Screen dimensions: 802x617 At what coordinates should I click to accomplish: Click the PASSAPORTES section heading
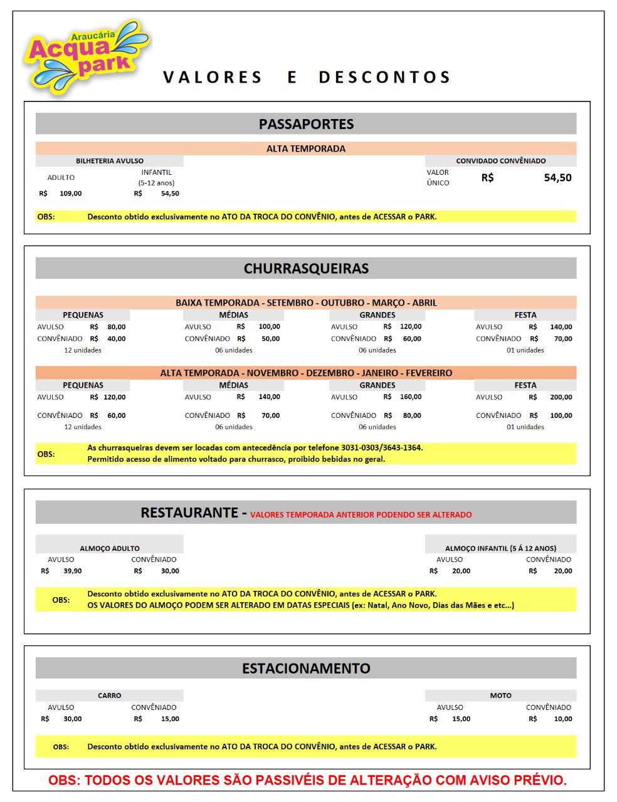tap(306, 124)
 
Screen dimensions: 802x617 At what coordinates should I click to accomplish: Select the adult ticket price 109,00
tap(70, 194)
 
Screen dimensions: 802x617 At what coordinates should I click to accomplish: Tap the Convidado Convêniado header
tap(500, 161)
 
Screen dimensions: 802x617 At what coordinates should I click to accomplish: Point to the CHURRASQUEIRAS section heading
tap(306, 268)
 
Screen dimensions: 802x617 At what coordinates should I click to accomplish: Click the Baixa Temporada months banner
tap(306, 303)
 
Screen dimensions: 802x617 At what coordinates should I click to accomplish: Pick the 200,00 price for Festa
tap(561, 397)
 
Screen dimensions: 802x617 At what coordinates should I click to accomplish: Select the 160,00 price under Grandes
tap(410, 397)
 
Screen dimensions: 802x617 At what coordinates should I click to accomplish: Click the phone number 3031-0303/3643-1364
tap(381, 448)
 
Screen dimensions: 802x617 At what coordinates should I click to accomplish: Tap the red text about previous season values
tap(361, 515)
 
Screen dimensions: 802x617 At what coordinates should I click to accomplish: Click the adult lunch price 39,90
tap(72, 571)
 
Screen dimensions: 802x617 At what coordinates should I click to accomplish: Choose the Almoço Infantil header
tap(500, 548)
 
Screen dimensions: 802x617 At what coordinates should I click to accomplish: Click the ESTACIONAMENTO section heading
tap(306, 669)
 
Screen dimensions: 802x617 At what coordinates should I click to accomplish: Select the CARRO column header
tap(109, 695)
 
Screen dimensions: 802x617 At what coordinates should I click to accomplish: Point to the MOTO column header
tap(500, 695)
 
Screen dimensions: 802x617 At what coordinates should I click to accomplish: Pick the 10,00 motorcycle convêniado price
tap(562, 719)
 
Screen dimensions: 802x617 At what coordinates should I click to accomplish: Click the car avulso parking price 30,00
tap(72, 719)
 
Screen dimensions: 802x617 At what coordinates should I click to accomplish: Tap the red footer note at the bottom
tap(307, 780)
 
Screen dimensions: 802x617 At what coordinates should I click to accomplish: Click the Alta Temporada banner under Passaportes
tap(306, 148)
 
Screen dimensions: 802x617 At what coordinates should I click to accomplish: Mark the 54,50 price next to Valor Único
tap(557, 178)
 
